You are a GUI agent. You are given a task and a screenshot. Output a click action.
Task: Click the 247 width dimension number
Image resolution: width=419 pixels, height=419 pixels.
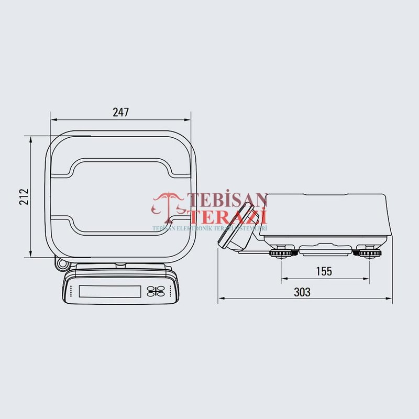pos(120,112)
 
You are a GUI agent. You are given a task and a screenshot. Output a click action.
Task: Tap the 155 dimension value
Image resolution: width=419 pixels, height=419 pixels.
pos(324,271)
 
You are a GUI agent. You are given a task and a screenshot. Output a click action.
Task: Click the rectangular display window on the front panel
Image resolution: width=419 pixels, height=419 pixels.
pos(109,291)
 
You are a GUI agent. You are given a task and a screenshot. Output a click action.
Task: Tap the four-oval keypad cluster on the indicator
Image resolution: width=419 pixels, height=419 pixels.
pos(155,291)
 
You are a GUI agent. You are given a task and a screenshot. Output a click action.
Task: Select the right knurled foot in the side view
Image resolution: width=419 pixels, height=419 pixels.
pos(369,254)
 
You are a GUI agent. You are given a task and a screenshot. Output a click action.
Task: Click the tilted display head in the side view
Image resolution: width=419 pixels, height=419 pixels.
pos(236,228)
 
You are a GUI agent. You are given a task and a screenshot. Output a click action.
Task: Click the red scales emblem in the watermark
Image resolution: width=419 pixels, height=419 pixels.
pos(168,207)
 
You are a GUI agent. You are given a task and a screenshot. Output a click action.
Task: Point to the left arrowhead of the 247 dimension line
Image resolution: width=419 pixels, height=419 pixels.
pos(52,120)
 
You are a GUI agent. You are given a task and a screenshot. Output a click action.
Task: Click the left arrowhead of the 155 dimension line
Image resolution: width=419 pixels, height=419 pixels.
pos(284,278)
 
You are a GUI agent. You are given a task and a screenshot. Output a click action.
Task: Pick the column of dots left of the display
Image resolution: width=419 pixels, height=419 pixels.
pos(71,292)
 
